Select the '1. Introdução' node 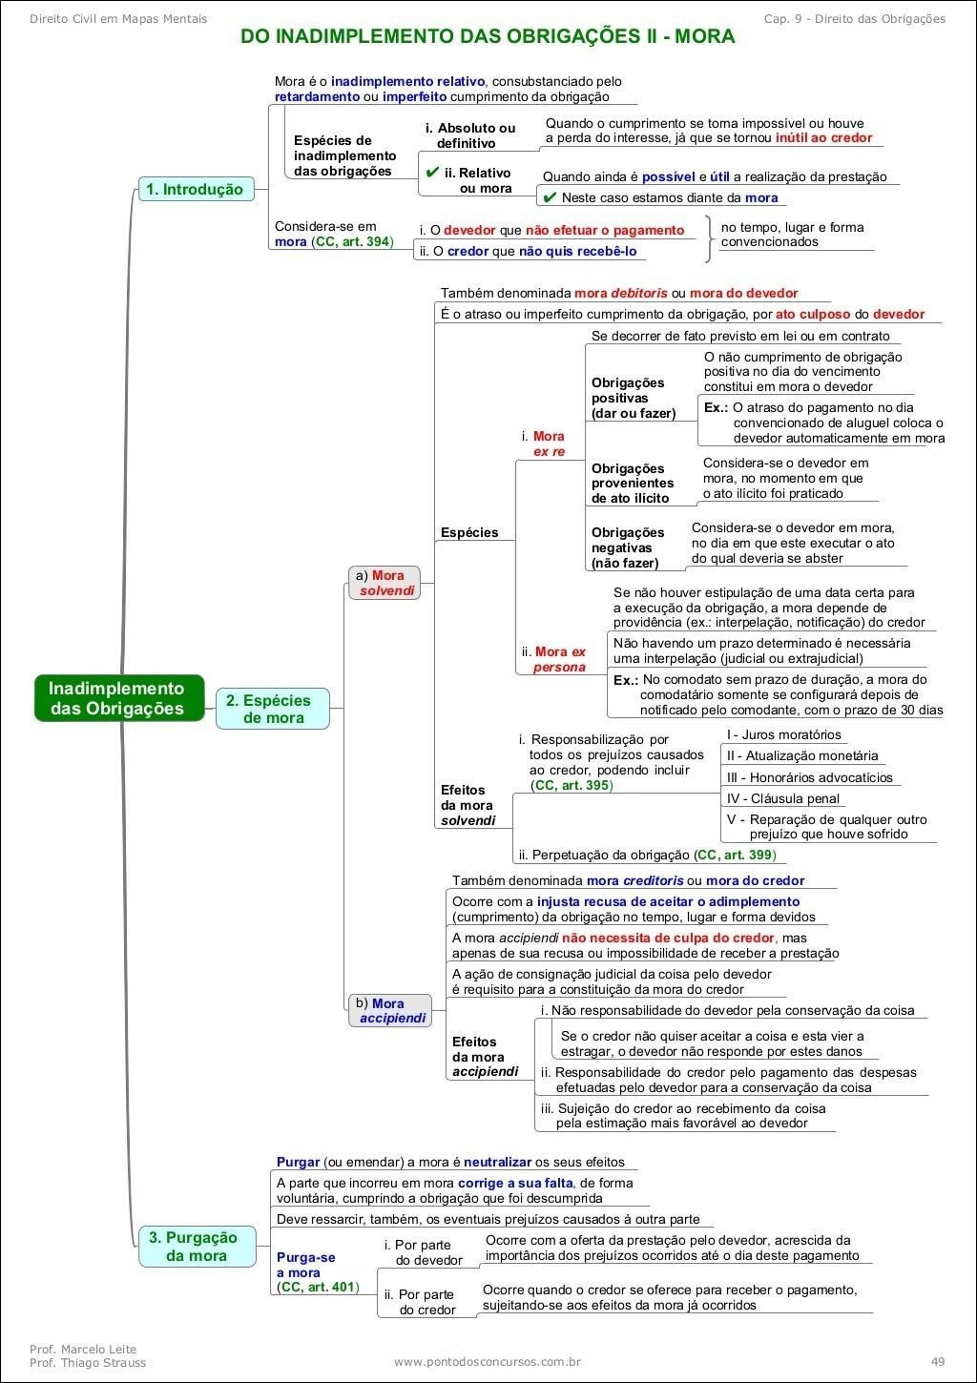(x=195, y=189)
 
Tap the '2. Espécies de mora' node (x=272, y=709)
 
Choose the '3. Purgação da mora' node (x=197, y=1247)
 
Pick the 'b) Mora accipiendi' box (x=391, y=1011)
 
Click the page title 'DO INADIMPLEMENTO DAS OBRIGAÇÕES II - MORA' (x=488, y=37)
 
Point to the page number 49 (x=938, y=1362)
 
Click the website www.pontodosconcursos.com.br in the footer (x=488, y=1362)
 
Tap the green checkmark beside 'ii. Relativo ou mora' (x=432, y=172)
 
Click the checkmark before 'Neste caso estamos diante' (x=550, y=197)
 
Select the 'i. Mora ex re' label (x=544, y=444)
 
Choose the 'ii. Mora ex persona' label (x=554, y=659)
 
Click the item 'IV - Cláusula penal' (x=782, y=798)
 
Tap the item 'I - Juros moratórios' (x=783, y=734)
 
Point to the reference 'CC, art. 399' (x=735, y=855)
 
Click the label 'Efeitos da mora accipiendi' (x=485, y=1057)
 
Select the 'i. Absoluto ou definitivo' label (x=470, y=135)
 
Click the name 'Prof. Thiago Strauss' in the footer (x=88, y=1362)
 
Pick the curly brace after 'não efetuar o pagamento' (x=708, y=237)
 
